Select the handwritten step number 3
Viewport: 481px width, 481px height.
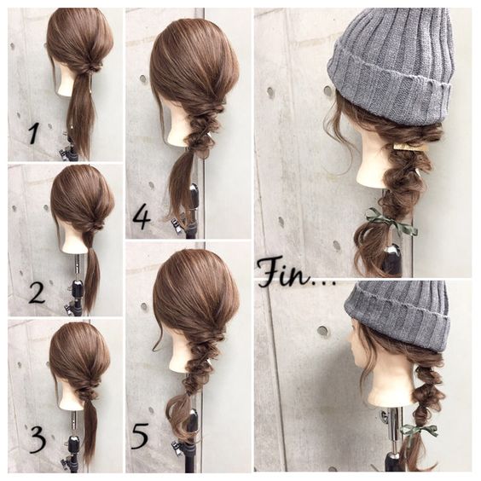click(x=38, y=440)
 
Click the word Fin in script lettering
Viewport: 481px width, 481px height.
click(x=283, y=273)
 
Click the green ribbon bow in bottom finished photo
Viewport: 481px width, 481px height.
click(x=419, y=431)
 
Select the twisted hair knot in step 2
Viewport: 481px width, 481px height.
click(x=94, y=227)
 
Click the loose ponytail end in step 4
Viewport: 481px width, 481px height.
click(x=181, y=184)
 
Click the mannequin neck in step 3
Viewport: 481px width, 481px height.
click(x=71, y=395)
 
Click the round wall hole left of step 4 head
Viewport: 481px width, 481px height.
click(x=143, y=78)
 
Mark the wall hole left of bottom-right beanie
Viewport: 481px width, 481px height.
click(x=322, y=330)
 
